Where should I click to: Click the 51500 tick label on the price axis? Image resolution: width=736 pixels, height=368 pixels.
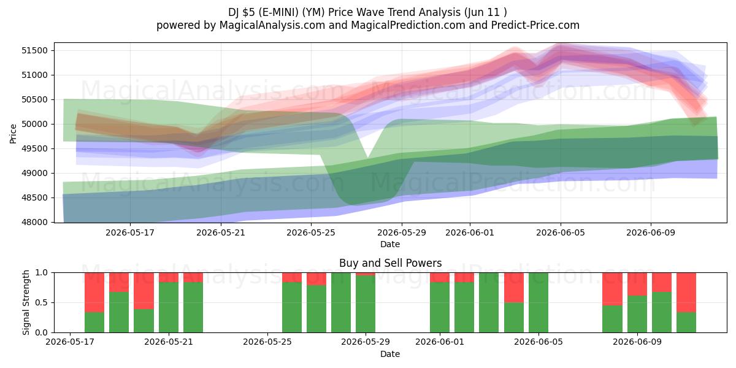pos(34,50)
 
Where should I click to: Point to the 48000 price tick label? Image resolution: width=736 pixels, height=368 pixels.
pos(34,223)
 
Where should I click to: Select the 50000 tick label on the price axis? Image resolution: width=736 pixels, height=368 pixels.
pos(34,124)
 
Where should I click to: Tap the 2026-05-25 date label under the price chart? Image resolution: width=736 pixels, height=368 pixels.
pos(311,232)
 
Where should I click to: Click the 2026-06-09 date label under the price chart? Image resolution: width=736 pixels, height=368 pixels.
pos(651,232)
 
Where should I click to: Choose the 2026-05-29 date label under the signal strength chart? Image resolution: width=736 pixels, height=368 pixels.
pos(366,342)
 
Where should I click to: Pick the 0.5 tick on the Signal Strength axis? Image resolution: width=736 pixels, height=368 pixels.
pos(42,302)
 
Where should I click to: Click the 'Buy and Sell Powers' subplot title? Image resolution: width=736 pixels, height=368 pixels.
pos(390,263)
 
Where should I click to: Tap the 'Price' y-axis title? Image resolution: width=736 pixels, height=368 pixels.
pos(13,134)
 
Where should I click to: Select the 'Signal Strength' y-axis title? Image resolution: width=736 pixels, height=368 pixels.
pos(26,302)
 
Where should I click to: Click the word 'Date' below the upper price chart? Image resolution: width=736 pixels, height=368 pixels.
pos(390,244)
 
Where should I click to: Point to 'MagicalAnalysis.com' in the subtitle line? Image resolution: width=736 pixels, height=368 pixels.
pos(272,25)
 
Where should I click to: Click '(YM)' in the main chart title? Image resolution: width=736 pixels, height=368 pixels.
pos(313,12)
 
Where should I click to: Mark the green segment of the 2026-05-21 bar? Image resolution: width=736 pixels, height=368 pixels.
pos(169,307)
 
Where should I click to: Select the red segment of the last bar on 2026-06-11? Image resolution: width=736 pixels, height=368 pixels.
pos(686,293)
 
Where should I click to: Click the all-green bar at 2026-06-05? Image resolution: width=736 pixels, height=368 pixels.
pos(539,302)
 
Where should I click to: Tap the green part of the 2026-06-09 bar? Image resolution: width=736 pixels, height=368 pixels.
pos(637,314)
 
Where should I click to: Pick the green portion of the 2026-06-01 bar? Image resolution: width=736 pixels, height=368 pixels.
pos(440,307)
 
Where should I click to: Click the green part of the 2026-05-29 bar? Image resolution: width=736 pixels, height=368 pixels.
pos(366,304)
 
